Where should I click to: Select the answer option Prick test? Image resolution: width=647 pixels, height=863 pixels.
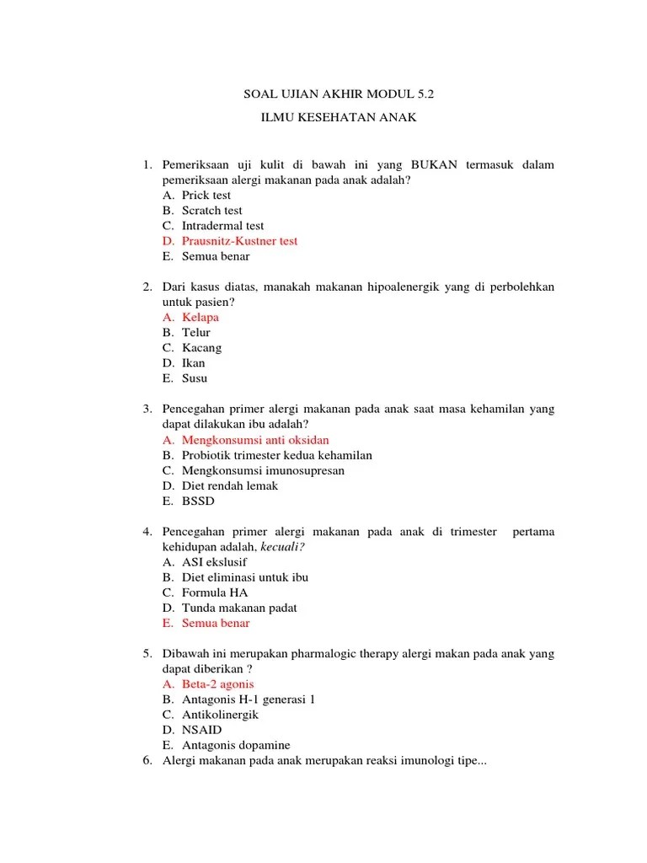206,196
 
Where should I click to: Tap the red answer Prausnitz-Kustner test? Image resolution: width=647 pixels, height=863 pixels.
239,241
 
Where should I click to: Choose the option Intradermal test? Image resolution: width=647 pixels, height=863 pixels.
222,226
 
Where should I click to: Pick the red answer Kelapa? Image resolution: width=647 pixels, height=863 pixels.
201,318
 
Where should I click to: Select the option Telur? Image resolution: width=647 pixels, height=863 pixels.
196,333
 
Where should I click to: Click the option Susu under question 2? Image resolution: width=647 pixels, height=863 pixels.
195,378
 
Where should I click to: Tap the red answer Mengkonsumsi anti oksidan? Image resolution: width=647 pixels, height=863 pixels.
255,440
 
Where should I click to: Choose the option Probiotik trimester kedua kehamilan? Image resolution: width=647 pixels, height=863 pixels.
276,455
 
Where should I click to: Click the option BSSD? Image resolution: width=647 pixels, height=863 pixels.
199,501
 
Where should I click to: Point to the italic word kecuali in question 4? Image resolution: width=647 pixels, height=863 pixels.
282,547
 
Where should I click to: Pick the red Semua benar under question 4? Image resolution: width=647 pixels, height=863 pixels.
216,624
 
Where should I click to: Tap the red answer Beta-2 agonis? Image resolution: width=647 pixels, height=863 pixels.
217,684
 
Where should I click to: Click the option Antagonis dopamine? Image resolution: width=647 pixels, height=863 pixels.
236,745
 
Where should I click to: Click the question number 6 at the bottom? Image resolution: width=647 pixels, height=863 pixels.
147,761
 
